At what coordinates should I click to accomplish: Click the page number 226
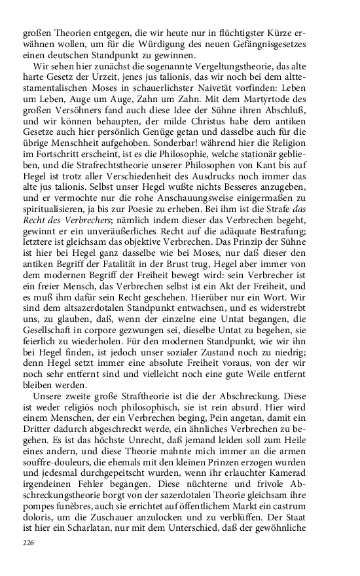pos(28,543)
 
